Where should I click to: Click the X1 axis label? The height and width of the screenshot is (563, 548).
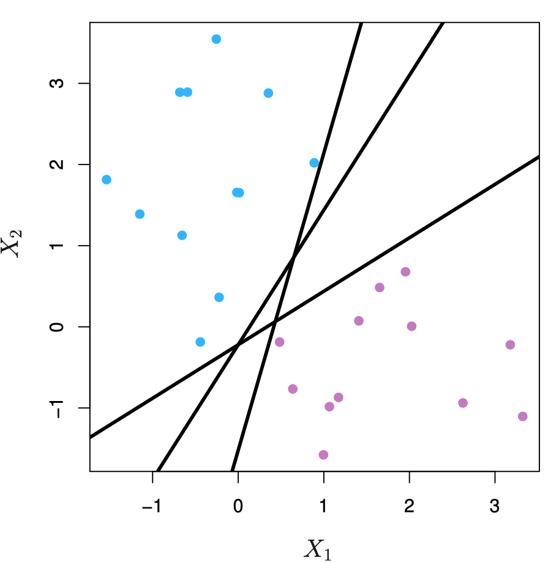tap(318, 549)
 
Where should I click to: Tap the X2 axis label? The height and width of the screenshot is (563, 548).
tap(11, 243)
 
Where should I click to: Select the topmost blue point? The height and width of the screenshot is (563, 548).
tap(216, 39)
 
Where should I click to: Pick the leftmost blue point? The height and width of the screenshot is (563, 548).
tap(107, 180)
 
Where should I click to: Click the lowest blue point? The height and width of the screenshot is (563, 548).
tap(200, 342)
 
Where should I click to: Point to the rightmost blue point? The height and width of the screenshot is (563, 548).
tap(314, 163)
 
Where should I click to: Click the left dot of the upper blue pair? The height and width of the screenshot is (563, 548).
tap(179, 92)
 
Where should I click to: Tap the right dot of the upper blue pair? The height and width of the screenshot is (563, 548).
tap(188, 92)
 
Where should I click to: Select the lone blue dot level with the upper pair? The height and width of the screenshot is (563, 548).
tap(268, 93)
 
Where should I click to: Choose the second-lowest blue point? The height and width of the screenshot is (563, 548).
tap(219, 298)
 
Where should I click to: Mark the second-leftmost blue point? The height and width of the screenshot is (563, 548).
tap(140, 214)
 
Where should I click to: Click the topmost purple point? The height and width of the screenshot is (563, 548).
tap(405, 272)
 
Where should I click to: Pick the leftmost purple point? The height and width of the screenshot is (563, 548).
tap(280, 342)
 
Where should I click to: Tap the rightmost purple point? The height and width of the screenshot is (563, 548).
tap(522, 416)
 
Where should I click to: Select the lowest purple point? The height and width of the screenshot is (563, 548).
tap(323, 455)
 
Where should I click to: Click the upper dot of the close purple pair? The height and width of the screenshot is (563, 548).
tap(339, 397)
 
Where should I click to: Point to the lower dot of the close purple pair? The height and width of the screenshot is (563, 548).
tap(329, 407)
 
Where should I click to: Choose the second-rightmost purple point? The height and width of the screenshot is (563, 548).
tap(510, 345)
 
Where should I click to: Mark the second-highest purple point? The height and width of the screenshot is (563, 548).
tap(380, 287)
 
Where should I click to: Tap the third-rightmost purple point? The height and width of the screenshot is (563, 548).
tap(463, 403)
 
